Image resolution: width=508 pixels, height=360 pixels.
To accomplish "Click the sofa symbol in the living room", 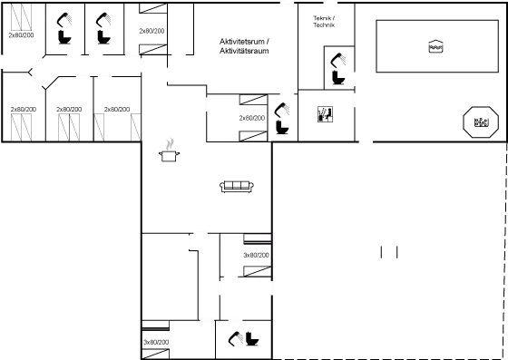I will tap(234, 186).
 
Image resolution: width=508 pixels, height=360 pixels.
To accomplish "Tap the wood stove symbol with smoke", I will tap(169, 151).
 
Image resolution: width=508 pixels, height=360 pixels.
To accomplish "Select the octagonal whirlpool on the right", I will tap(481, 122).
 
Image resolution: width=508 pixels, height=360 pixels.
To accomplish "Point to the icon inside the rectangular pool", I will tap(435, 47).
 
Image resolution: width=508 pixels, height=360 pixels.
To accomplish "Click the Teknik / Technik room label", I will tap(323, 21).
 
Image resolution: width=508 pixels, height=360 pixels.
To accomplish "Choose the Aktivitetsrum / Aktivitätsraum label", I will tap(245, 46).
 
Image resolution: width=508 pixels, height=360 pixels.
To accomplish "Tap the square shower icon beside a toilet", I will tap(324, 113).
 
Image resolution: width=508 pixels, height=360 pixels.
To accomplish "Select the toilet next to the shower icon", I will tap(285, 118).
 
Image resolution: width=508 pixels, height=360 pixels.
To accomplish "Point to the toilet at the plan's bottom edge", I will tap(245, 340).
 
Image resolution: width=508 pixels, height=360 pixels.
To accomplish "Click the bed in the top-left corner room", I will tap(19, 22).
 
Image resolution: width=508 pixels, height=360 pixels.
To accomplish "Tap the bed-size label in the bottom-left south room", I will tap(156, 341).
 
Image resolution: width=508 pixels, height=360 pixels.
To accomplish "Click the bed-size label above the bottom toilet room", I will tap(256, 255).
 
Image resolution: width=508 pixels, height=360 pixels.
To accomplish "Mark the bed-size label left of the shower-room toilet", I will tap(251, 118).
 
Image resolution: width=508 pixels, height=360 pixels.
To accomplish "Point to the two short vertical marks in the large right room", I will tap(389, 251).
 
